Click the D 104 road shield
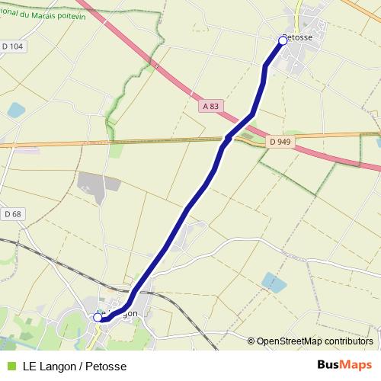click(13, 46)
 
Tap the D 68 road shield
click(11, 214)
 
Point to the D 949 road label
click(280, 142)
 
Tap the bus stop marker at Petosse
click(283, 40)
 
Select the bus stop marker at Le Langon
click(98, 317)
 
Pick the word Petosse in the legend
click(106, 365)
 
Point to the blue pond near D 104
click(16, 110)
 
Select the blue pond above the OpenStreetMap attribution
click(274, 283)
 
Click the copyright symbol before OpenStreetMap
click(251, 341)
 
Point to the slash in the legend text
click(80, 365)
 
